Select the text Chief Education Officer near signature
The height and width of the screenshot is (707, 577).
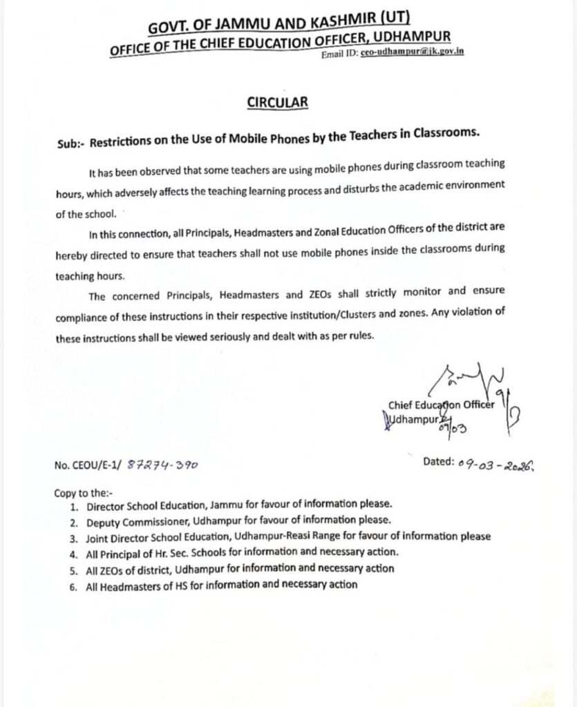pos(441,406)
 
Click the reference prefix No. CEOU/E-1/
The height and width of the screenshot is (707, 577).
pos(87,466)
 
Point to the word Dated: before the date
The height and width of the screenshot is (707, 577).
pos(438,462)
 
